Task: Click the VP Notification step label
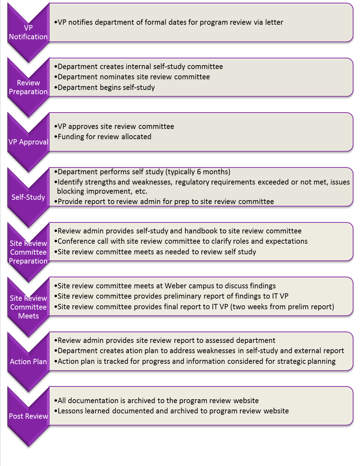point(28,32)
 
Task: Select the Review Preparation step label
point(28,87)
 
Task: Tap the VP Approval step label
point(28,142)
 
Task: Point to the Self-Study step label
point(28,197)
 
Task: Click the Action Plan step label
point(28,362)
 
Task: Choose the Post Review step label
point(28,416)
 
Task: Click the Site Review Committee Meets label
point(28,307)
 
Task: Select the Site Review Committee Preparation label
point(28,252)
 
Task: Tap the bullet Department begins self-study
point(106,87)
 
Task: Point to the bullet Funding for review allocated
point(104,137)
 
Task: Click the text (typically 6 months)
point(198,172)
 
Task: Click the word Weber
point(176,286)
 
